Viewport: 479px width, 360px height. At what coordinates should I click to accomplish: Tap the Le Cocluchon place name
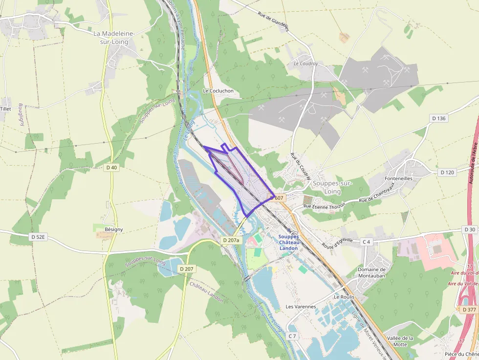coord(218,91)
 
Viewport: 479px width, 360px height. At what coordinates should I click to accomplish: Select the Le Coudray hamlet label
coord(306,64)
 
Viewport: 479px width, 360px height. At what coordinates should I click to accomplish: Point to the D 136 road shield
coord(439,118)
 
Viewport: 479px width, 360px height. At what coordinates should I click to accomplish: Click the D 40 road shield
coord(112,168)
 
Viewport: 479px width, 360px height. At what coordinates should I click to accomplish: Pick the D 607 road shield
coord(277,198)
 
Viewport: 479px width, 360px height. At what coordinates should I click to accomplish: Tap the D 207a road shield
coord(231,240)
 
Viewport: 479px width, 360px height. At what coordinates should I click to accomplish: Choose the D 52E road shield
coord(38,237)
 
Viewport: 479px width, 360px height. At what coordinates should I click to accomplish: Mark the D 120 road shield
coord(447,172)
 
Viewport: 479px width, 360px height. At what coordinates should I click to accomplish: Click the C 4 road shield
coord(367,242)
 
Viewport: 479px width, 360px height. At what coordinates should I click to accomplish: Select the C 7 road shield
coord(292,336)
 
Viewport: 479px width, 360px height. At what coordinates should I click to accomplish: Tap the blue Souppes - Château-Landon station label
coord(288,242)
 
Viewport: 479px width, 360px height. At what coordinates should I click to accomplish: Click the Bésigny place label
coord(113,229)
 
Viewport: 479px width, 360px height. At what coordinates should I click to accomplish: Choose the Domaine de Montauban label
coord(371,273)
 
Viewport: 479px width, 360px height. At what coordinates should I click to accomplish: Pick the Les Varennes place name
coord(301,307)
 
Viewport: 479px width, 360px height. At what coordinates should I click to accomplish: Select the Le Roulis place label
coord(344,296)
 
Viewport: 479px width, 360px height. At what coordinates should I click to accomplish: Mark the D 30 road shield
coord(470,230)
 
